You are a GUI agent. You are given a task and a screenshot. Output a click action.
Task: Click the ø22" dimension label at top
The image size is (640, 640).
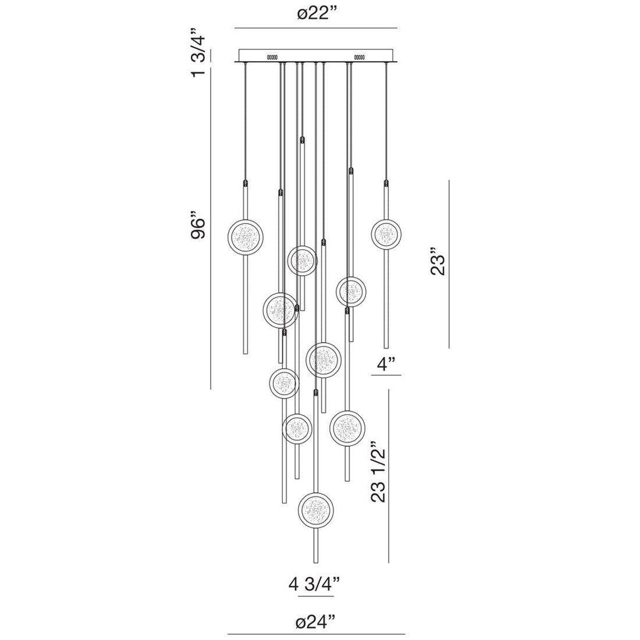click(315, 16)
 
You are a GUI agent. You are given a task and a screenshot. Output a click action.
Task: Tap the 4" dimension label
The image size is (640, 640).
click(386, 365)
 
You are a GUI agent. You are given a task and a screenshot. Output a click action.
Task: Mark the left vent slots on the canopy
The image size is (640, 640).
click(272, 57)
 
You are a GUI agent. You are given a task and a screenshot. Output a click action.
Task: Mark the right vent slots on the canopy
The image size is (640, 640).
click(358, 57)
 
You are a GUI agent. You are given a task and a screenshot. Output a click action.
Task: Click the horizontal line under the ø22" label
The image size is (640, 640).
click(315, 28)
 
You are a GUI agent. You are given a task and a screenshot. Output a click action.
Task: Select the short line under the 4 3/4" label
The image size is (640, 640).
click(316, 596)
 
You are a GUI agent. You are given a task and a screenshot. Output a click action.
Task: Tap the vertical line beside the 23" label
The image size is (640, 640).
click(449, 264)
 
